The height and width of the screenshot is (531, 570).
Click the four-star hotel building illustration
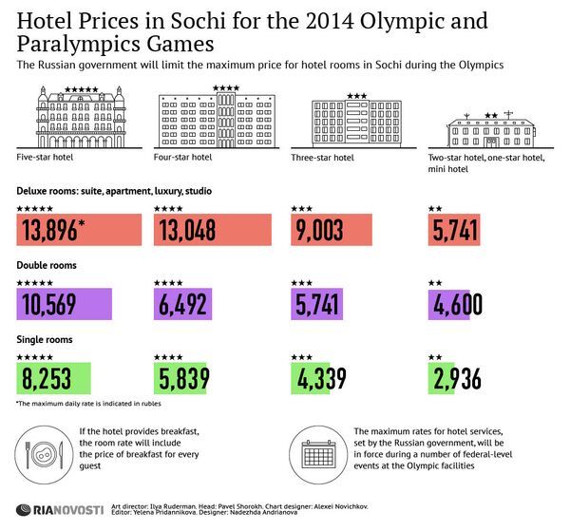click(217, 118)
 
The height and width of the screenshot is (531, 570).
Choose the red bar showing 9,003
click(327, 231)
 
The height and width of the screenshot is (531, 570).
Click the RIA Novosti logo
click(59, 510)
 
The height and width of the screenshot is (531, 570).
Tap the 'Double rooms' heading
click(47, 265)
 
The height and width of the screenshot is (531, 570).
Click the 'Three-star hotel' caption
click(322, 158)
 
